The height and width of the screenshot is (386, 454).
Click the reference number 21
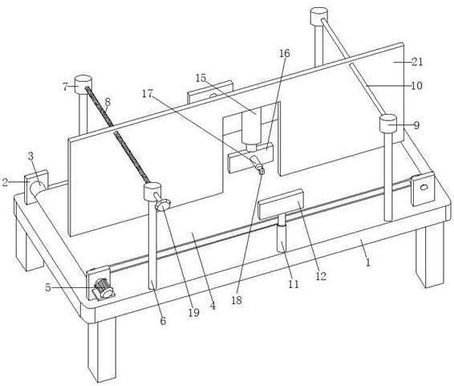417,62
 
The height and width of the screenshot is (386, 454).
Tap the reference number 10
416,85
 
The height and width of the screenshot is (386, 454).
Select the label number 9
416,125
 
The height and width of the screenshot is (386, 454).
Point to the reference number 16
284,53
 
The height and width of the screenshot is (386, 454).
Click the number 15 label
201,78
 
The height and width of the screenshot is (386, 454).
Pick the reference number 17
147,94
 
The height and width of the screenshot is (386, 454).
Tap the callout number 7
66,87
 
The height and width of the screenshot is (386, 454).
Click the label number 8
107,102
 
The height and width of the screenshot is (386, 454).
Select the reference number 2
5,182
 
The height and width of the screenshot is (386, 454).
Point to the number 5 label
48,287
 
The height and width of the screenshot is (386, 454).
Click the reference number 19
194,312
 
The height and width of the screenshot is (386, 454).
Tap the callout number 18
237,300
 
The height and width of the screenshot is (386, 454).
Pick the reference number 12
321,276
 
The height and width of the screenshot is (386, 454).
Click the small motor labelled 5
103,289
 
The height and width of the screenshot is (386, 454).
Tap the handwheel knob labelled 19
162,204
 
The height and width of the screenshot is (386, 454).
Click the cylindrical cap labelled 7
83,84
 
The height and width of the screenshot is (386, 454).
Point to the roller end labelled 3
38,189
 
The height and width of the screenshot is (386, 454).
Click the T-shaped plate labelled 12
280,204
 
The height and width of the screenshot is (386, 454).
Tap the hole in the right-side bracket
424,187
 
